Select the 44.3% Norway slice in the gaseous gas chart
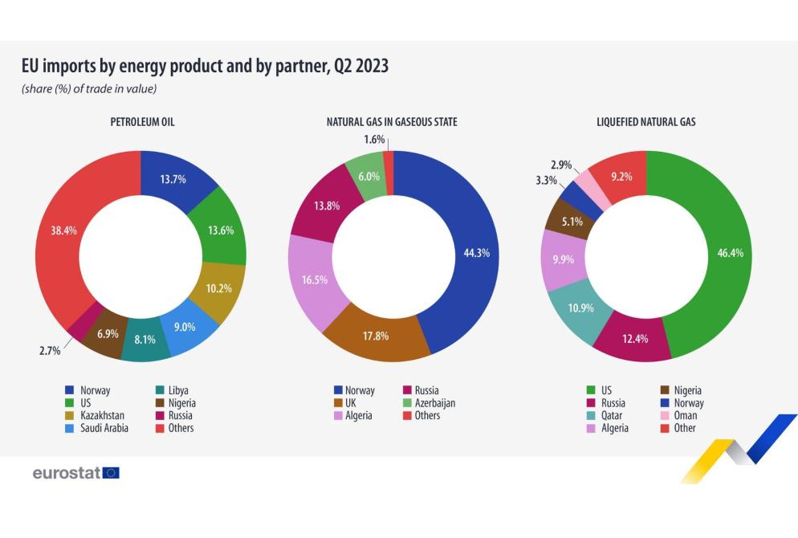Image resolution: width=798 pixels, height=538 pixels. coord(470,252)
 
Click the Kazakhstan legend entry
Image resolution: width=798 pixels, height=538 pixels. coord(107,415)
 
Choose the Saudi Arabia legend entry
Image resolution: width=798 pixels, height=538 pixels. coord(110,428)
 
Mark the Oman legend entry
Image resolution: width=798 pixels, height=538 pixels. coord(685,415)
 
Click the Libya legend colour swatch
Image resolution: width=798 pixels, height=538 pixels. coord(160,390)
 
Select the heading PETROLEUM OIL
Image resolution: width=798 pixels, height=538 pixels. coord(142,123)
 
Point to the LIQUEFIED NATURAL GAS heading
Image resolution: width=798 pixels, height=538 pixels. coord(645,123)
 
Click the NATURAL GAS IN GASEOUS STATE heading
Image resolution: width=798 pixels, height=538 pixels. coord(392,123)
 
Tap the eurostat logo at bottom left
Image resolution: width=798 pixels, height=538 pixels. coord(75,473)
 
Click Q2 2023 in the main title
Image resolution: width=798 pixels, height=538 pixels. coord(359,67)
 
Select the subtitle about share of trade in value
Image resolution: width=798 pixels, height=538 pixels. coord(89,89)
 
